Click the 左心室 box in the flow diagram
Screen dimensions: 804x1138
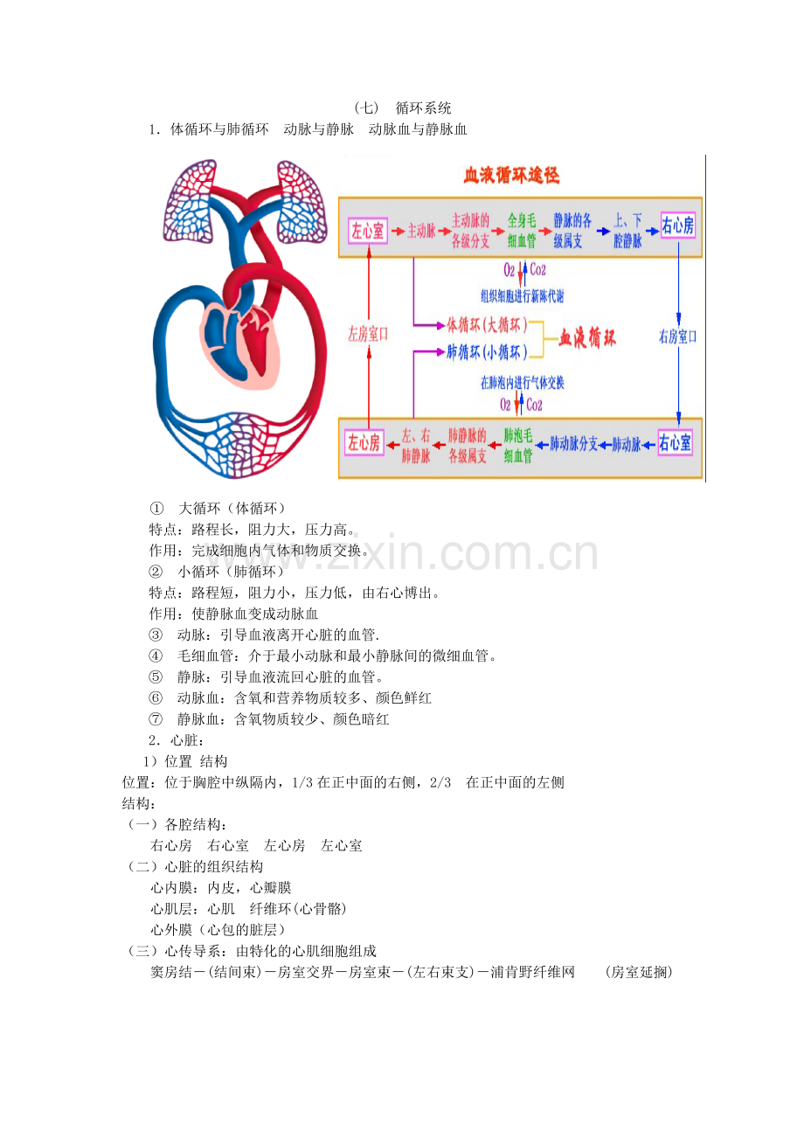pyautogui.click(x=368, y=231)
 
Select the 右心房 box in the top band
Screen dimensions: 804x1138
pyautogui.click(x=677, y=225)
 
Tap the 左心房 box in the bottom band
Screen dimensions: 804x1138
pyautogui.click(x=364, y=442)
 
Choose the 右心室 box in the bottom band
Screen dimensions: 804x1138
pyautogui.click(x=675, y=442)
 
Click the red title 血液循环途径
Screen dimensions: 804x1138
pyautogui.click(x=511, y=176)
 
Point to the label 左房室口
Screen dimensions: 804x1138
pyautogui.click(x=368, y=334)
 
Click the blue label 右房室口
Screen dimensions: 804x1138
pyautogui.click(x=677, y=336)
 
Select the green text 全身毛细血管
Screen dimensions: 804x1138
pyautogui.click(x=522, y=231)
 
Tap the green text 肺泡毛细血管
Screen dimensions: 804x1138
pyautogui.click(x=518, y=445)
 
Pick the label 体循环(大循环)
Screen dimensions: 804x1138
pyautogui.click(x=487, y=324)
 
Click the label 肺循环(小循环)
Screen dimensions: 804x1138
pyautogui.click(x=487, y=351)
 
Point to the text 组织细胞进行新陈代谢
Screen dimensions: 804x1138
pyautogui.click(x=522, y=295)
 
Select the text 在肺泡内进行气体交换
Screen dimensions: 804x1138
pyautogui.click(x=522, y=382)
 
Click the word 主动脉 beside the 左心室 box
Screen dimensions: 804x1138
pyautogui.click(x=421, y=231)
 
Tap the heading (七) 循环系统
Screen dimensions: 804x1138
pyautogui.click(x=402, y=108)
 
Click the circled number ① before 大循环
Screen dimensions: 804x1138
pyautogui.click(x=156, y=509)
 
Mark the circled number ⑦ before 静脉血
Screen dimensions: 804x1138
pyautogui.click(x=156, y=719)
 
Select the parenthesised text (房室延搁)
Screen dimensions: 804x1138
pyautogui.click(x=639, y=973)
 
